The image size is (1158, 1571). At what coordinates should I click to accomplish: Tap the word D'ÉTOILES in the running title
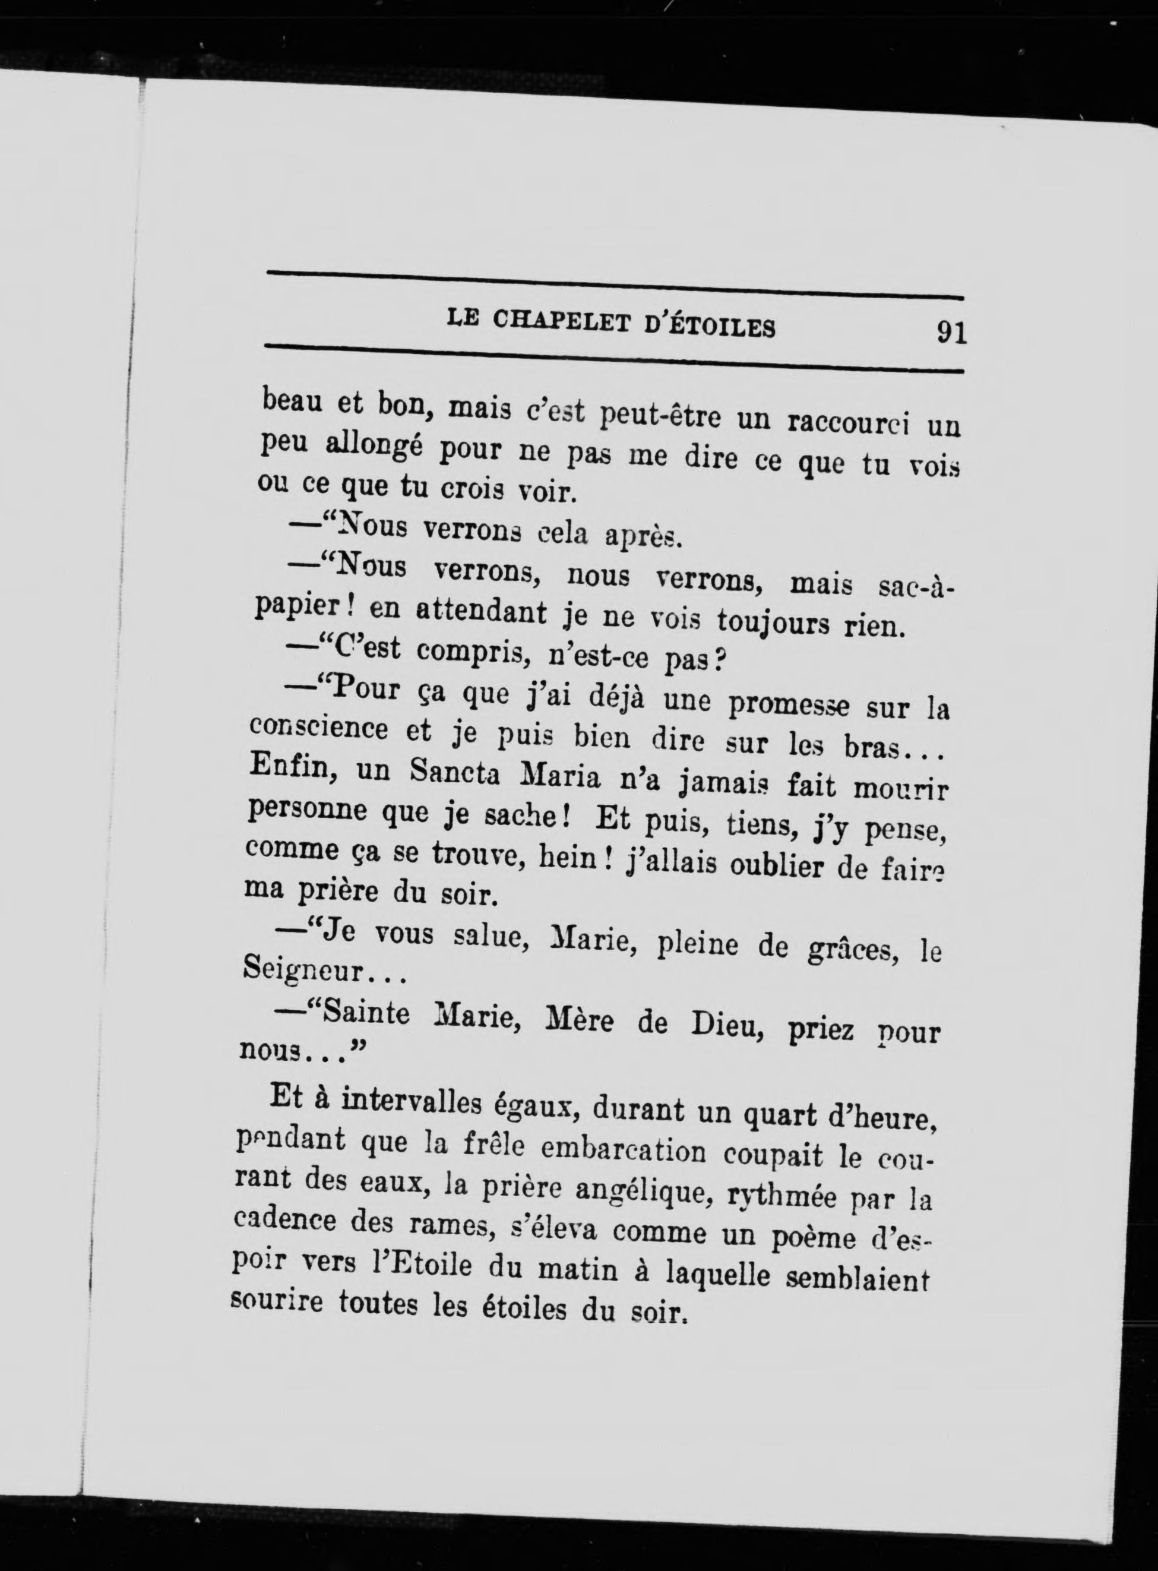click(710, 326)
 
